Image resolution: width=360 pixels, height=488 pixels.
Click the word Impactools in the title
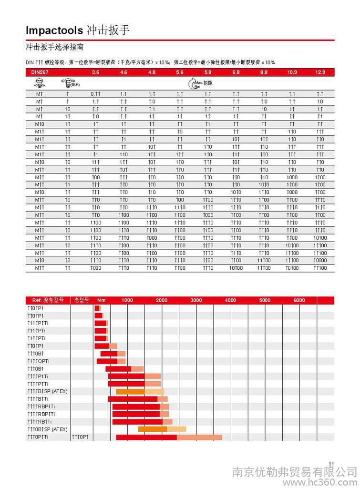[x=55, y=30]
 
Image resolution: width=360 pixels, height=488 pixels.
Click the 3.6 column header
[x=95, y=72]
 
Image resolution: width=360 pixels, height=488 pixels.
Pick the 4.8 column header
[x=152, y=72]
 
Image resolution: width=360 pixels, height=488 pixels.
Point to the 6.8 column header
[x=236, y=72]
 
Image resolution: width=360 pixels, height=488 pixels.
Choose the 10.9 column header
[x=292, y=72]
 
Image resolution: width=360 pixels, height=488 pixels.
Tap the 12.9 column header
[x=320, y=72]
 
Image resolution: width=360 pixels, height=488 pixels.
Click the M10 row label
[x=40, y=124]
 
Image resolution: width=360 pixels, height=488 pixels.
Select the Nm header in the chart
[x=101, y=300]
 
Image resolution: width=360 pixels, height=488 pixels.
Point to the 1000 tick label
[x=127, y=300]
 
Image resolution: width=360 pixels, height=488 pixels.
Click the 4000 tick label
[x=230, y=300]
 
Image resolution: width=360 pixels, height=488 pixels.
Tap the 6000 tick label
[x=299, y=300]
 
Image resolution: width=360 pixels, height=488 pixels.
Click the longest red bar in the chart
[x=146, y=437]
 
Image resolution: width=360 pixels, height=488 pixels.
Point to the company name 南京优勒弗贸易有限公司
[x=294, y=471]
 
